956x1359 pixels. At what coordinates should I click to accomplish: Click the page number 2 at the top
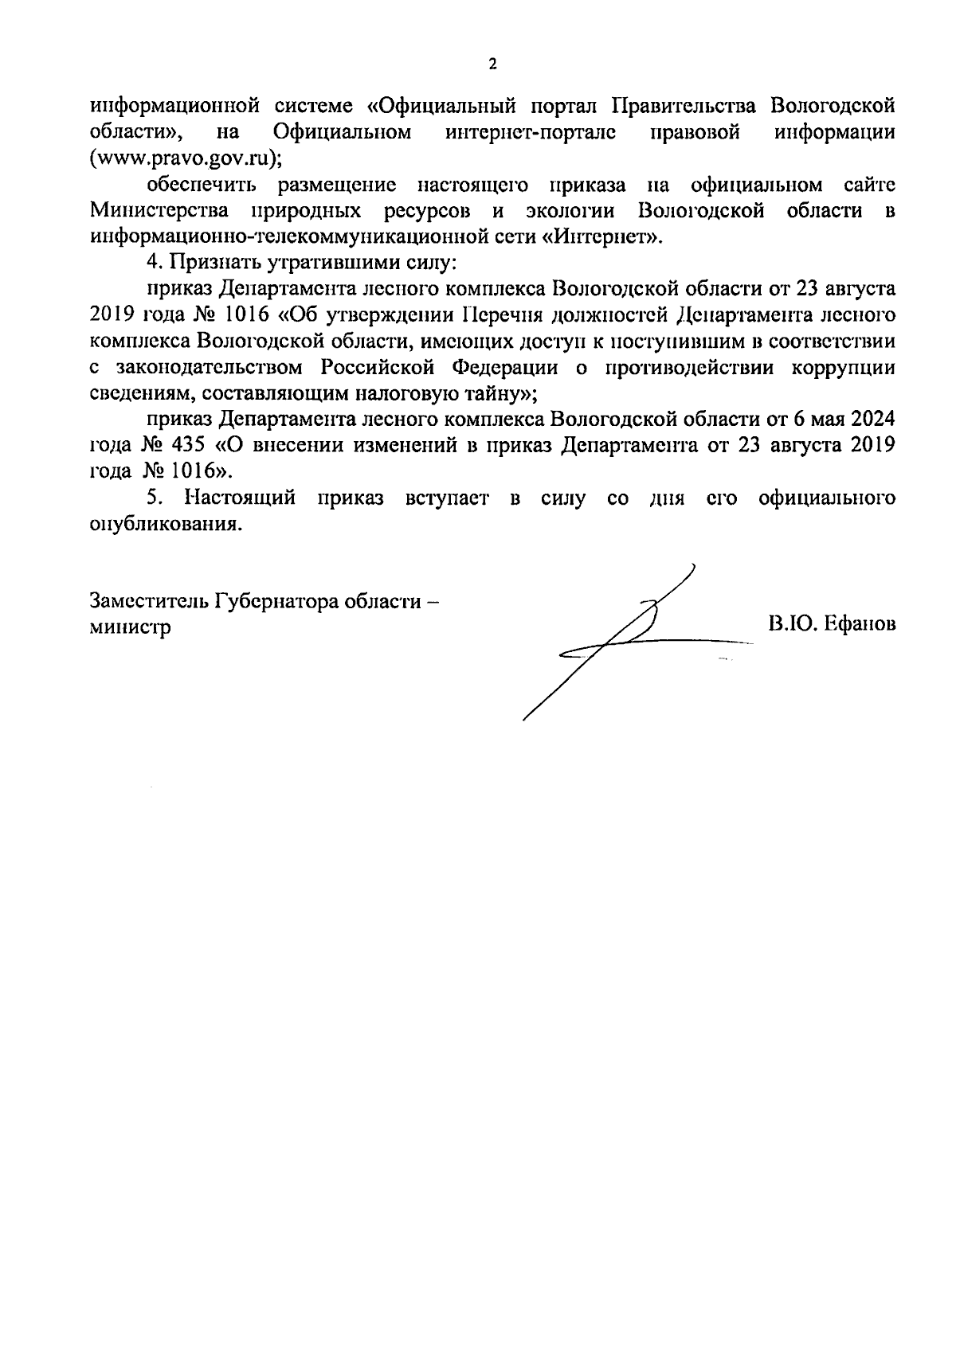pos(492,64)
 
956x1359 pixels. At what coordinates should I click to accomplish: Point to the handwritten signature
pos(629,637)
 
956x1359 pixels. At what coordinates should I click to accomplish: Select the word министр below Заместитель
pos(131,627)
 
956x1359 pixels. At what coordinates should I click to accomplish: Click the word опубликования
pos(165,525)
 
